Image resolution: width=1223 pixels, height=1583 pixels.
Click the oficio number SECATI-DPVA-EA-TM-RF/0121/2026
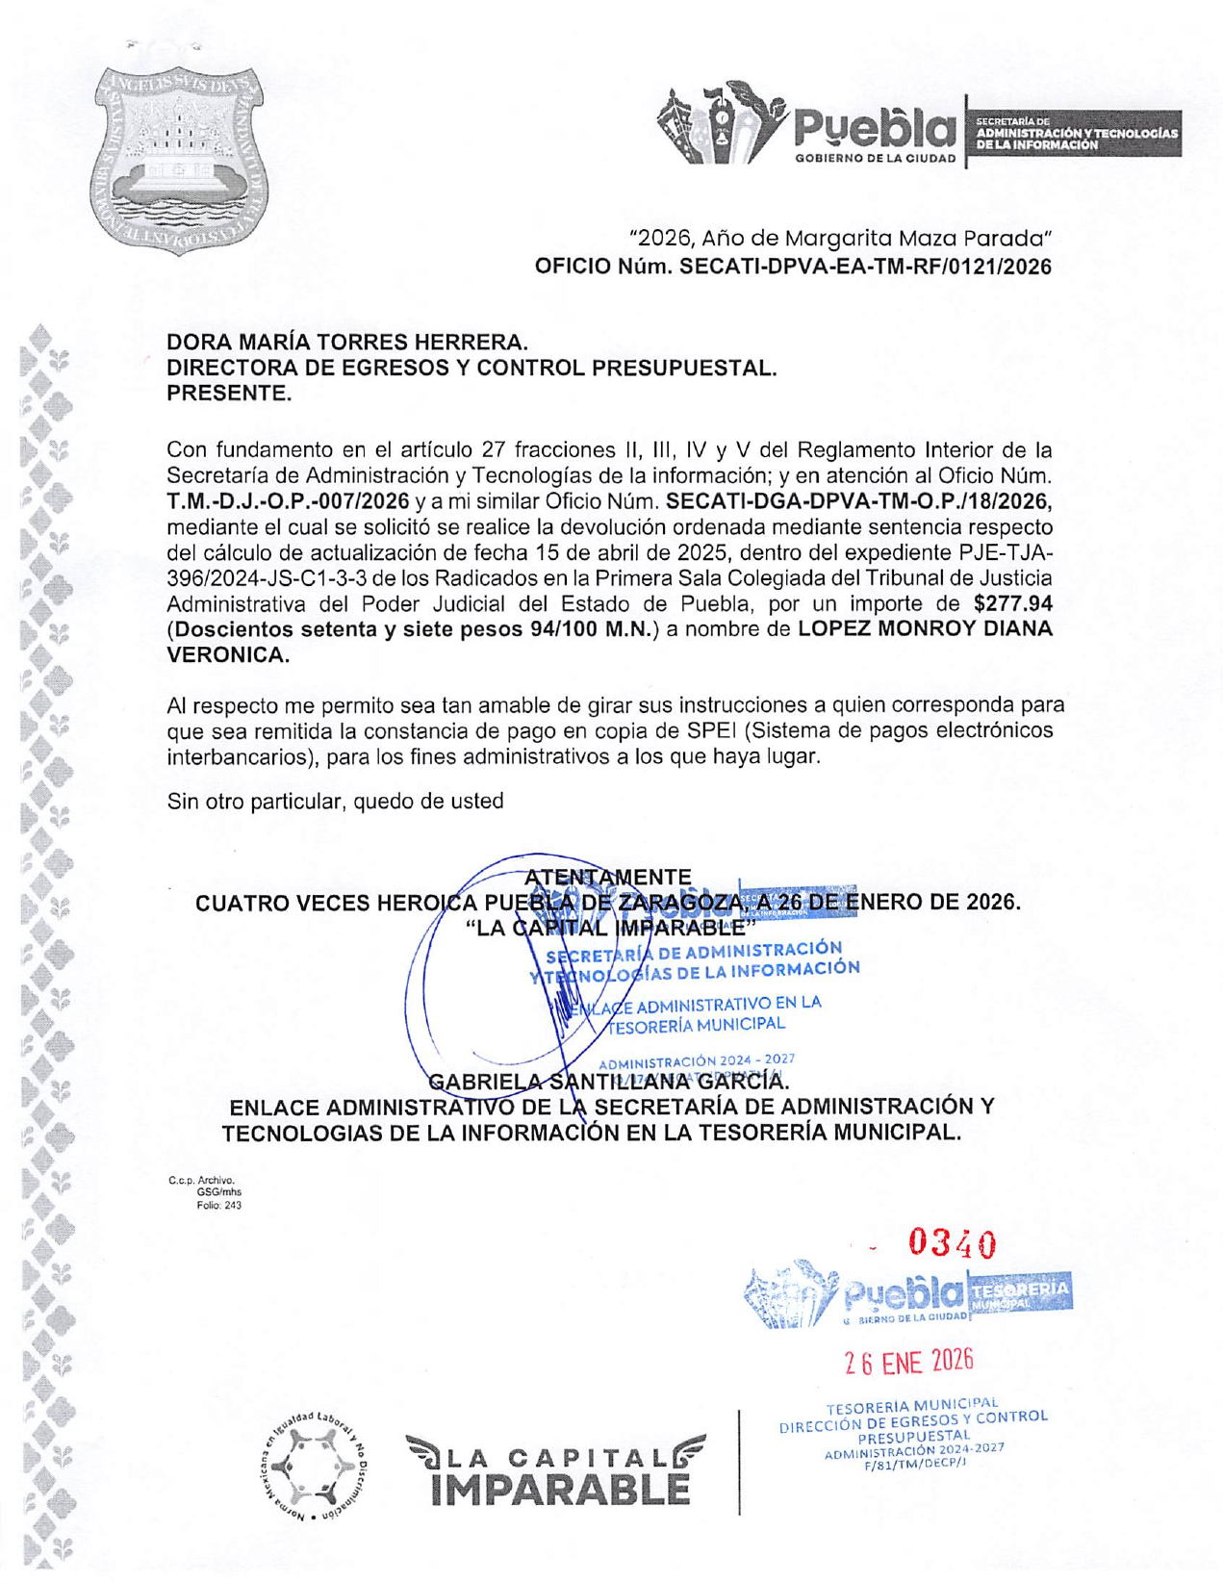(x=865, y=267)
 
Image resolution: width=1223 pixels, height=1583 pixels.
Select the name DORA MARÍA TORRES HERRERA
(x=347, y=342)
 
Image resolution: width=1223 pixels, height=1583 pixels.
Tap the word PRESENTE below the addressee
(x=228, y=394)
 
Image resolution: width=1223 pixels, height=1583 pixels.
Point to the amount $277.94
(x=1013, y=604)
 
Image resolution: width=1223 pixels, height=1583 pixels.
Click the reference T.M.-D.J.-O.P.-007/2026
(x=288, y=501)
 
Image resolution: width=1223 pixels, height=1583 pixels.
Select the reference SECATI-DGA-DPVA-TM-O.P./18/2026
(x=858, y=501)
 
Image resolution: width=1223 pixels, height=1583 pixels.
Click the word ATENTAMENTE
(x=608, y=878)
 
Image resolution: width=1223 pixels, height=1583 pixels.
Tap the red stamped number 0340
(x=953, y=1244)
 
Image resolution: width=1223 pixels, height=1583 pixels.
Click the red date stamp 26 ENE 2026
(x=909, y=1362)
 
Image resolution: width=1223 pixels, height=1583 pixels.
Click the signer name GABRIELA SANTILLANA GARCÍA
(x=608, y=1083)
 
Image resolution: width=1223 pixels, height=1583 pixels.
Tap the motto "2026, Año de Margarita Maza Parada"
(x=839, y=238)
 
